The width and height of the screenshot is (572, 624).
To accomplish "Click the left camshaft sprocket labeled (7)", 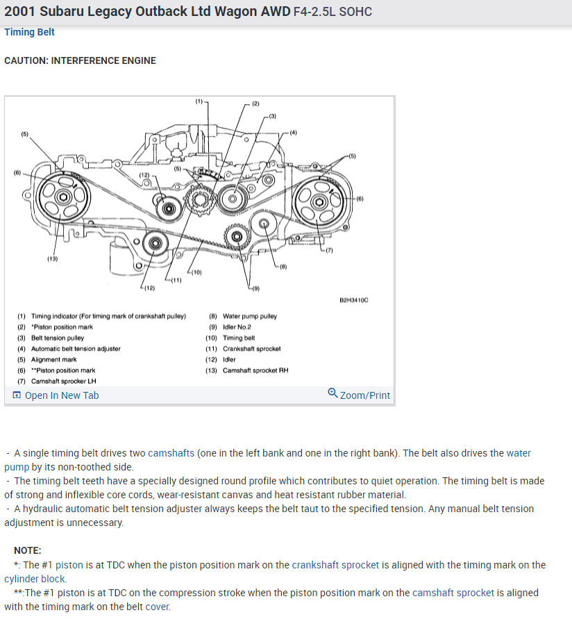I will click(x=319, y=202).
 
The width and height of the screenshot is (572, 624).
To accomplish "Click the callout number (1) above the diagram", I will click(x=199, y=101).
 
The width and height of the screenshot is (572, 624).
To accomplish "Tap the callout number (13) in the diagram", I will click(x=52, y=259).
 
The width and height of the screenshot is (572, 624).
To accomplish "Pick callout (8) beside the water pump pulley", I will click(x=283, y=265).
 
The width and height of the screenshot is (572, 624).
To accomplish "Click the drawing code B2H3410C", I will click(x=353, y=300).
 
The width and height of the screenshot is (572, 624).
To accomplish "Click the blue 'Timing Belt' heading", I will click(x=29, y=33).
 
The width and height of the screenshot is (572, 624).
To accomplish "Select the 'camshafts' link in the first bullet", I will click(x=171, y=453).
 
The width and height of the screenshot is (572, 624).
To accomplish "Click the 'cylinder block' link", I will click(x=35, y=579).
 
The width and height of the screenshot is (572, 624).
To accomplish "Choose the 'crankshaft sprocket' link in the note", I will click(x=335, y=565).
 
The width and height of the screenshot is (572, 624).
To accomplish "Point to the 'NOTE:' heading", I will click(x=28, y=550).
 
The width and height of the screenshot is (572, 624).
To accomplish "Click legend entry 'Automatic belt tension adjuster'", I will click(x=76, y=349).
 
